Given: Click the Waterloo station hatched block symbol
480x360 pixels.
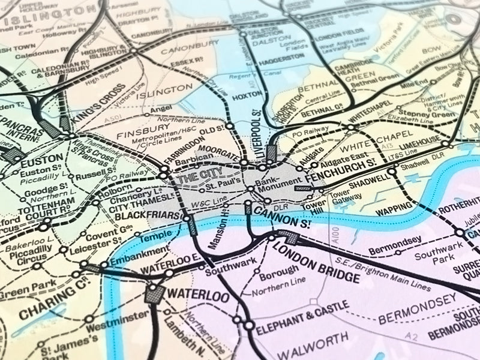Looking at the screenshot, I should [x=155, y=293].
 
